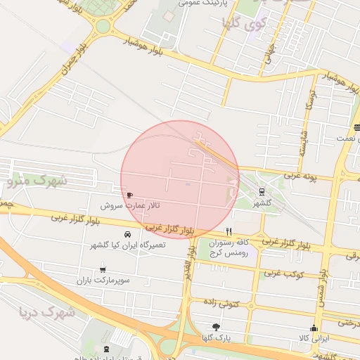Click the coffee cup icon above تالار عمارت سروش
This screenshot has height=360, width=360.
click(x=129, y=195)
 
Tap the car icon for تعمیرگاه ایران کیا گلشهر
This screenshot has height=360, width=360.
click(x=127, y=233)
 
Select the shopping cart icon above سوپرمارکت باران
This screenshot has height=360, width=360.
click(x=103, y=269)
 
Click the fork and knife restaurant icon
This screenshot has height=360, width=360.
click(x=229, y=231)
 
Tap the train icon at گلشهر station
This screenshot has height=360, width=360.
click(x=262, y=191)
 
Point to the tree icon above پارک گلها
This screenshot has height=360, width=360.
click(x=215, y=327)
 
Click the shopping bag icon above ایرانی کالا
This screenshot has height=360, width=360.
click(x=314, y=328)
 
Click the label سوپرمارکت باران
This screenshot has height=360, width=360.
click(x=105, y=281)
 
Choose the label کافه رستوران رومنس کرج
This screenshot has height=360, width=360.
click(x=232, y=247)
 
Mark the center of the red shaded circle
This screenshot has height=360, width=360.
click(x=179, y=179)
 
